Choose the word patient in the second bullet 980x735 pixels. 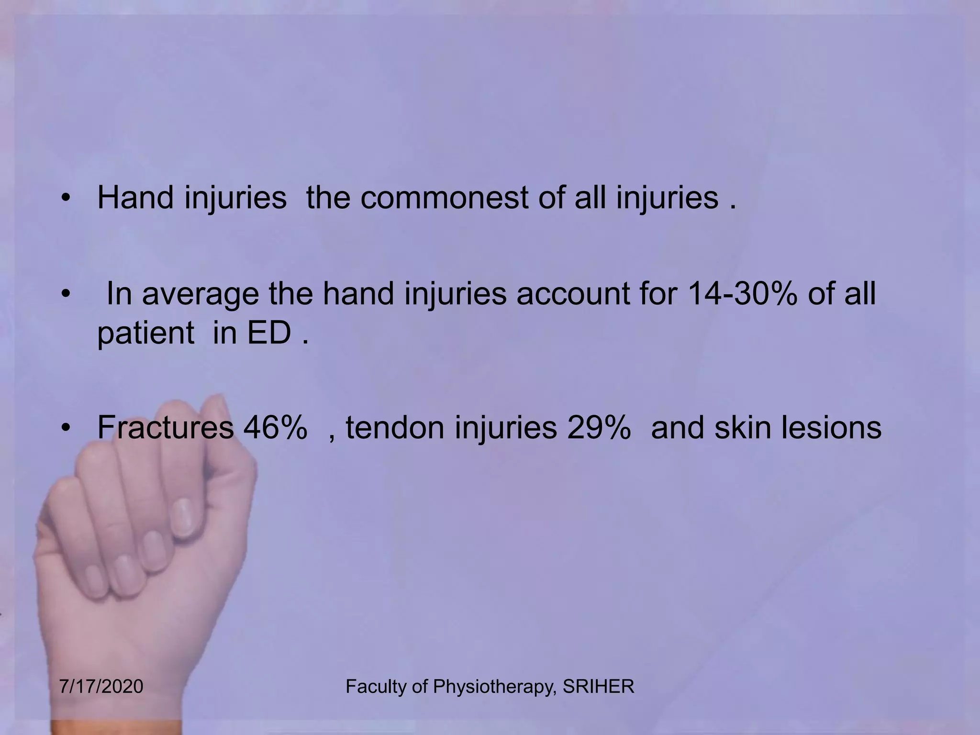pyautogui.click(x=145, y=334)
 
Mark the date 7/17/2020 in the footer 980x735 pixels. pyautogui.click(x=101, y=687)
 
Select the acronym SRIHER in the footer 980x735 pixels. pyautogui.click(x=598, y=687)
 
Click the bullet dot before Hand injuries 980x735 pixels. pyautogui.click(x=66, y=198)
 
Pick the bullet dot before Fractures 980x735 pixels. pyautogui.click(x=66, y=428)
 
